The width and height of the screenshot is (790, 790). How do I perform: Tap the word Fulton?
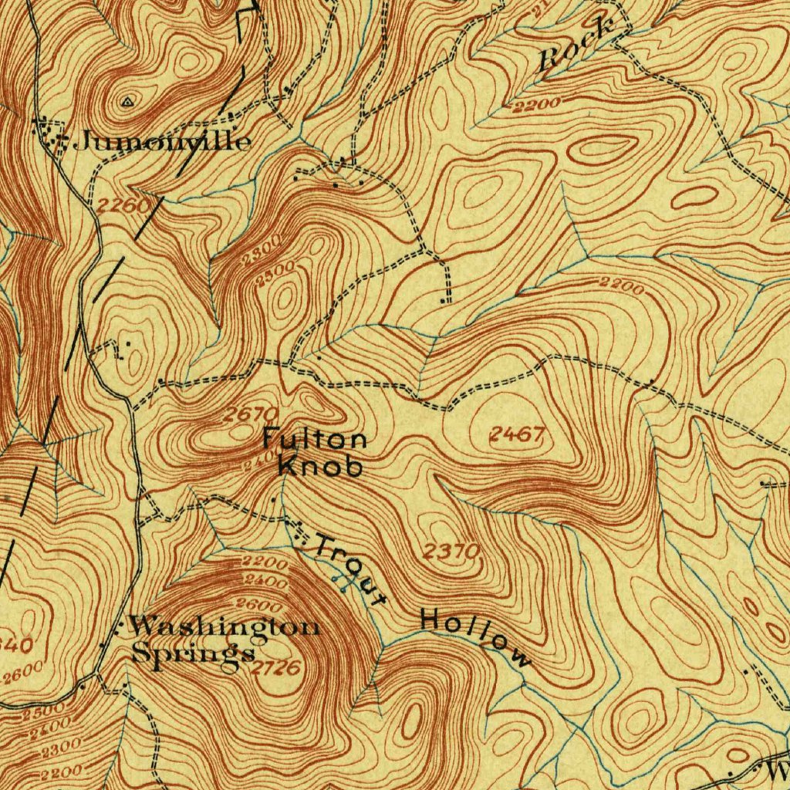(314, 440)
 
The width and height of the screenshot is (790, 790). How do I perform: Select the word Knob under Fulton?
(319, 466)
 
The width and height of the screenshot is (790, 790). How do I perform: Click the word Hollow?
(476, 637)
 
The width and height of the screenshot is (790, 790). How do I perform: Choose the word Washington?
(223, 626)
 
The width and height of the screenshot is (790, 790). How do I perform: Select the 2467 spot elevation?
(517, 435)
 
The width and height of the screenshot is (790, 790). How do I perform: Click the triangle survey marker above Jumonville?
(127, 100)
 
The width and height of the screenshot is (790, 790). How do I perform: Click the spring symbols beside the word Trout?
(338, 581)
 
